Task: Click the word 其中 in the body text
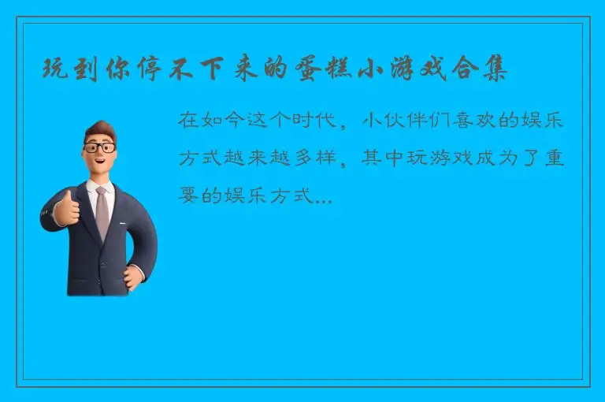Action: pyautogui.click(x=384, y=158)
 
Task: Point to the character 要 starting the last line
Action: pyautogui.click(x=188, y=195)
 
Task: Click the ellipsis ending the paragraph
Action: pyautogui.click(x=323, y=197)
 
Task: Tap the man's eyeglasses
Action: pyautogui.click(x=100, y=147)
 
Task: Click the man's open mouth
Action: pyautogui.click(x=101, y=164)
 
